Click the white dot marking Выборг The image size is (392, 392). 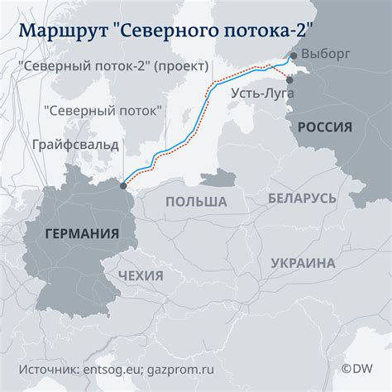pos(292,55)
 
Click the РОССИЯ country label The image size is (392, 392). pos(326,127)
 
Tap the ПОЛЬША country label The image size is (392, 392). pos(196,202)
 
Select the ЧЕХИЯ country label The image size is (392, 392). pos(141,275)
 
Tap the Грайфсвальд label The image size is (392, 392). pos(75,145)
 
